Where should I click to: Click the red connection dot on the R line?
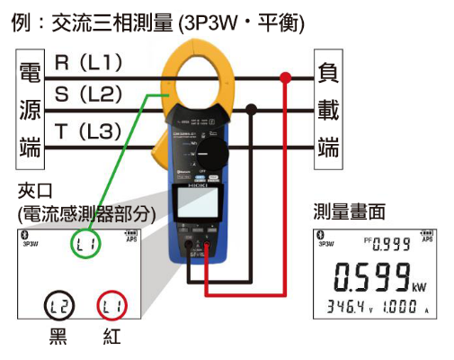coord(285,79)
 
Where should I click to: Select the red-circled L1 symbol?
coord(111,306)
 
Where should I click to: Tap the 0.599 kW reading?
coord(369,274)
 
